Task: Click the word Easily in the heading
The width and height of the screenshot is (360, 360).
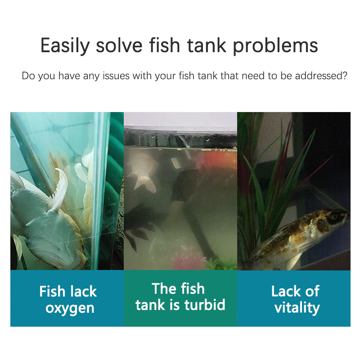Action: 65,45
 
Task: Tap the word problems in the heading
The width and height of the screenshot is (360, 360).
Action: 275,45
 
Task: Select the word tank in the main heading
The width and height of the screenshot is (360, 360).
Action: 207,45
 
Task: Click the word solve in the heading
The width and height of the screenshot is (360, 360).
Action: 119,45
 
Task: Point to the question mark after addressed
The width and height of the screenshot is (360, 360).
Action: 345,76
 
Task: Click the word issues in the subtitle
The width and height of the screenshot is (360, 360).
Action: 116,76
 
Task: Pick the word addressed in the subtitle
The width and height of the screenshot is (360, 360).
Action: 318,76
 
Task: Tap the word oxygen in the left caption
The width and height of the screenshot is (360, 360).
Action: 70,308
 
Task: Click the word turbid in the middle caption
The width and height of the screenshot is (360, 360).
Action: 205,305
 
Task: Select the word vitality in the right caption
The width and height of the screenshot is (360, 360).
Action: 297,308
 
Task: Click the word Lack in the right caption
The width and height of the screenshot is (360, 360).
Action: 286,291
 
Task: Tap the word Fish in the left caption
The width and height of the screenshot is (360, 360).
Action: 53,291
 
